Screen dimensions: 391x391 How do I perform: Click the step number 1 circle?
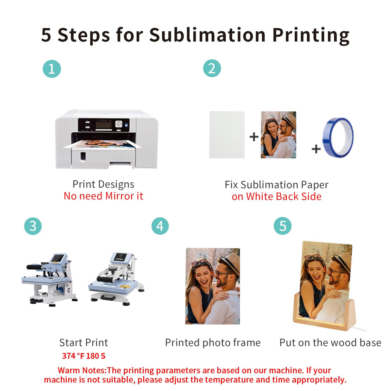pos(52,69)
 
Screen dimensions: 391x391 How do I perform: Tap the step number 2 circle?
pos(212,68)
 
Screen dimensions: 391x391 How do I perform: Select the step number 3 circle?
pos(33,226)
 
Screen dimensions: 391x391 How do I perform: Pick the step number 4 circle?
pos(160,226)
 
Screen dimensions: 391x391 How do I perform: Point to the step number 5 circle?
pos(282,226)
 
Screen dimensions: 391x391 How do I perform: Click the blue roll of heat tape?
pos(338,138)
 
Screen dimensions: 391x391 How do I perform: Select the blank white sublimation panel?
pos(227,135)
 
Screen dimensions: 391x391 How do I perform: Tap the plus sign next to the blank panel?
pos(254,137)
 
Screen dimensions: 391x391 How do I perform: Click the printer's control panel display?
pos(104,124)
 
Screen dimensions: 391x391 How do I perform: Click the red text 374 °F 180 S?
pos(84,356)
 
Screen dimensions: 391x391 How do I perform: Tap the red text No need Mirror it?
pos(103,196)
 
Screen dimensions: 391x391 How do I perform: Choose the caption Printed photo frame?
pos(213,343)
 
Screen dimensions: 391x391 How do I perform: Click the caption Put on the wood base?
pos(330,343)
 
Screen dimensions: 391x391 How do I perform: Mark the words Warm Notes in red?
pos(81,370)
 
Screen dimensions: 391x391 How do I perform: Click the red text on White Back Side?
pos(276,197)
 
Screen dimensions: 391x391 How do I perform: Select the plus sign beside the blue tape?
pos(316,149)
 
